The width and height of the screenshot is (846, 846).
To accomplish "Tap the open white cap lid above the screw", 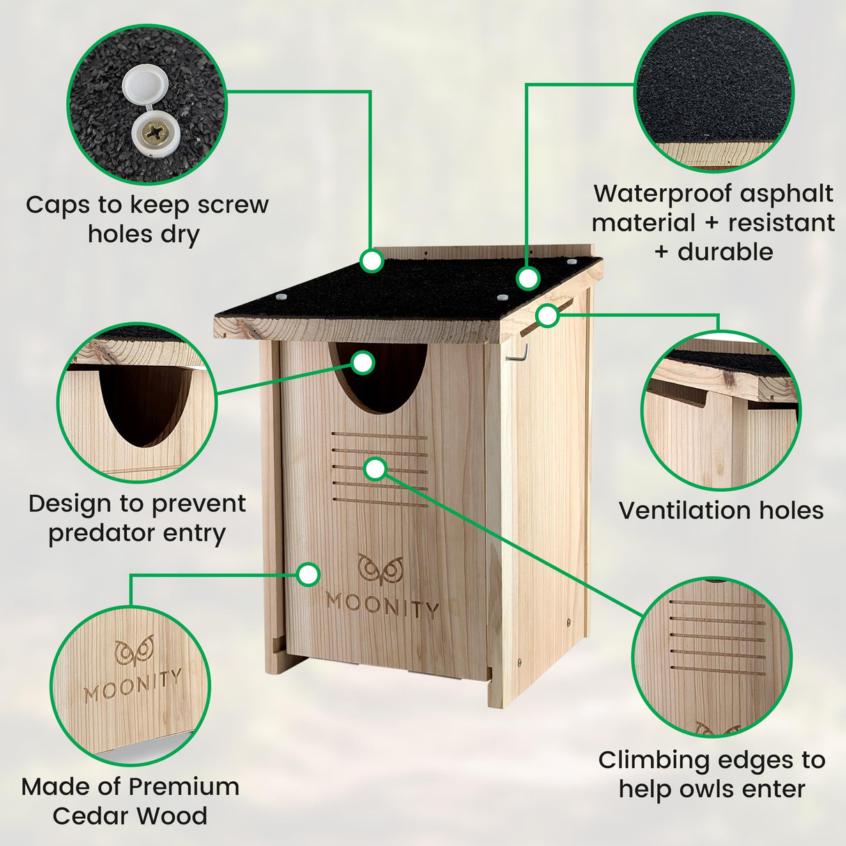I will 144,87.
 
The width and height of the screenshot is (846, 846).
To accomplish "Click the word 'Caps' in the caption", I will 58,205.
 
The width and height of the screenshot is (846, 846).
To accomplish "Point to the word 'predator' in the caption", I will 102,533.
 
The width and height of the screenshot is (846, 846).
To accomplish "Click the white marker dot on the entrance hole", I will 363,362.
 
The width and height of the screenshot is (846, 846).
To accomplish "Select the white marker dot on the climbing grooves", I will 376,469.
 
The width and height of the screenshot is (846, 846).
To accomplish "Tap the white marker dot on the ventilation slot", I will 548,316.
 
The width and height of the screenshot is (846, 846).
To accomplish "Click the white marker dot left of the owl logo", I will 307,575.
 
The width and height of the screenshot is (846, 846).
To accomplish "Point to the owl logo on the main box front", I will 380,569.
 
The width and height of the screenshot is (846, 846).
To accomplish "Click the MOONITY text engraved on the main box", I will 383,605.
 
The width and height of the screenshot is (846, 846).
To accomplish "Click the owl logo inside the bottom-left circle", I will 134,651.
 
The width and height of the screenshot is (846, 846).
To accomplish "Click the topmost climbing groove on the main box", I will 380,436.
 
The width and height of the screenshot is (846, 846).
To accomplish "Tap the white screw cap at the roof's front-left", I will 281,298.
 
